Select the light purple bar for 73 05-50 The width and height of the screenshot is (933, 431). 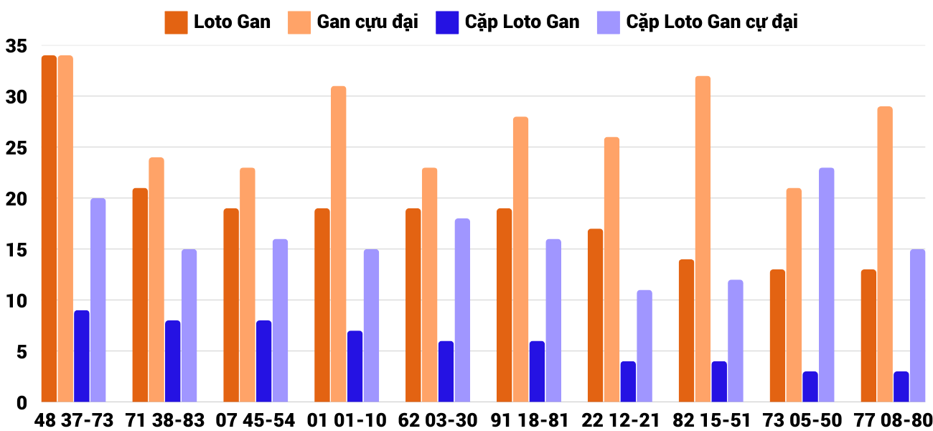[x=826, y=284]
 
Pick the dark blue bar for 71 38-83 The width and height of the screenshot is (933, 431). [x=173, y=361]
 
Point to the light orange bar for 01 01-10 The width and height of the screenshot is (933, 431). [x=338, y=244]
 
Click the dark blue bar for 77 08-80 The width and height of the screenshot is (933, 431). [x=901, y=386]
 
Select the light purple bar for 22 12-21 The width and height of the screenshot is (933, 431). [x=644, y=346]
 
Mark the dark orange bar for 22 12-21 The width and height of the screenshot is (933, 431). [x=595, y=315]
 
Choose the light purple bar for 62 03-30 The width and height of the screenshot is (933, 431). [x=462, y=310]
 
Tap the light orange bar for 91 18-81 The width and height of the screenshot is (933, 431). [x=520, y=259]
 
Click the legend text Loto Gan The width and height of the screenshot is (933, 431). [x=232, y=22]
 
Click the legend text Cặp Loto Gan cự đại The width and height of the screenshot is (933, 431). [x=712, y=22]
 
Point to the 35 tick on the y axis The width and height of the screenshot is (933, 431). [x=16, y=47]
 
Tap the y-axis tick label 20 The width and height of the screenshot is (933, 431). [x=16, y=199]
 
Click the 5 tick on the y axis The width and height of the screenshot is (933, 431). [x=20, y=352]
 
